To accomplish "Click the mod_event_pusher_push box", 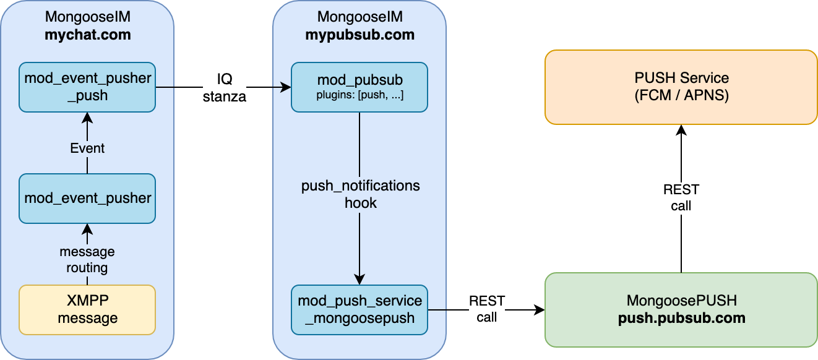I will (87, 87).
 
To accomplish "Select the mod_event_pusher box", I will (87, 198).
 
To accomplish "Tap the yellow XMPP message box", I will (87, 309).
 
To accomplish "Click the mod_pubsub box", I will (359, 87).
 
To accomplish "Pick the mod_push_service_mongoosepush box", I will (359, 309).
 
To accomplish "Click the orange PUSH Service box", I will (681, 87).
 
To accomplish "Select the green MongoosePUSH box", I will (681, 309).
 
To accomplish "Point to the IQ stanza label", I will (225, 88).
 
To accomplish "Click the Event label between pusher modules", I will (87, 148).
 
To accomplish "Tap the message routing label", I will (87, 260).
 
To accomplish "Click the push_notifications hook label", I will (360, 194).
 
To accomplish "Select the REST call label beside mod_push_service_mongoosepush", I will (487, 309).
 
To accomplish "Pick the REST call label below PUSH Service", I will (681, 198).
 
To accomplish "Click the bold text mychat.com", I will (87, 35).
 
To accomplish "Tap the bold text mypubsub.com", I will (359, 35).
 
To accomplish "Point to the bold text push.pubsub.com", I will (681, 318).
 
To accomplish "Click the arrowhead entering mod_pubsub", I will (286, 88).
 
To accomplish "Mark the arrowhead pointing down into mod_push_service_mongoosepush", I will (359, 280).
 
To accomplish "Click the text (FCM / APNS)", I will (681, 96).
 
